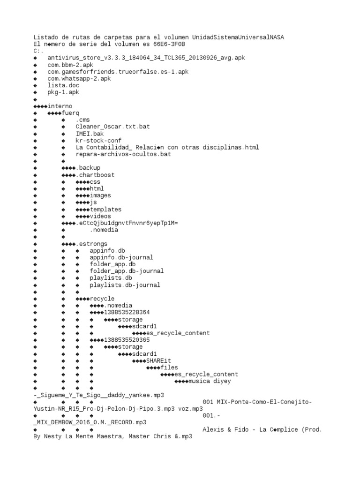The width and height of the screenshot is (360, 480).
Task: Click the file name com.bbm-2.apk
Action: point(70,65)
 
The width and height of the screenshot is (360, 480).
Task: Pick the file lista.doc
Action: point(63,85)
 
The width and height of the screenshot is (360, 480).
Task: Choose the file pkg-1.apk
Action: point(63,92)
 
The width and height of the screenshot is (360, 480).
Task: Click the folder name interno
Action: point(60,106)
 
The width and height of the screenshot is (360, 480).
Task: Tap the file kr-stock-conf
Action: point(98,141)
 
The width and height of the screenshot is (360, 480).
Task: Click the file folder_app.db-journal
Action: point(127,271)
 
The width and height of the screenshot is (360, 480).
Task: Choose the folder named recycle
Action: point(102,299)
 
